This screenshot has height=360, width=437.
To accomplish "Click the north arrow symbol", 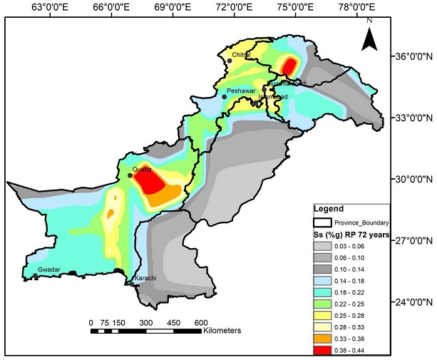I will coord(369,36).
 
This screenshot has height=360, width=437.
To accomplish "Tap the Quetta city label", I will coord(142,170).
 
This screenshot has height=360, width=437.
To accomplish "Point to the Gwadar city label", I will coord(48,269).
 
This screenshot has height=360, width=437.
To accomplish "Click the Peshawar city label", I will coord(240,91).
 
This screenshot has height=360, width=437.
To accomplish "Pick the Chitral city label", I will coord(243,53).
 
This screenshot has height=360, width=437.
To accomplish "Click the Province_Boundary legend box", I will coord(327,222).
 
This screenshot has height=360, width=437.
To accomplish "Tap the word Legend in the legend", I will coord(329,209).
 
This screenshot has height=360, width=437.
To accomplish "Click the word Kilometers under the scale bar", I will coord(222,331).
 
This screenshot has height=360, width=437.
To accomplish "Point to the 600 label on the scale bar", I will coord(200,322).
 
